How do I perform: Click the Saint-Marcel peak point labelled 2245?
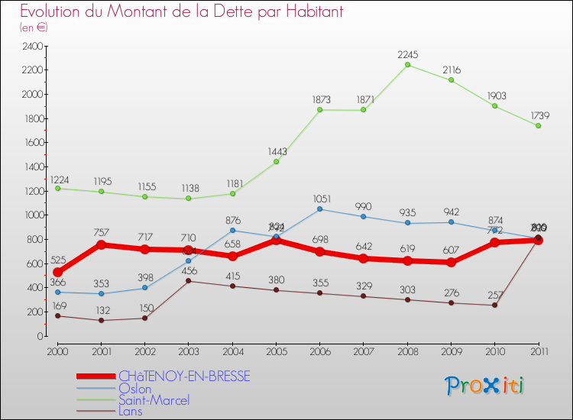point(407,65)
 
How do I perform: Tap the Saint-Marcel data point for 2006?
point(319,110)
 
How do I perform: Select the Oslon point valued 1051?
point(319,209)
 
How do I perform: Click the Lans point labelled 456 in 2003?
point(188,281)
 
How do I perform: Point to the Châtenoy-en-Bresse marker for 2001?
point(101,244)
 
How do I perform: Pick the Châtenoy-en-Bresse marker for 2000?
point(57,273)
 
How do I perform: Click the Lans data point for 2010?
point(494,305)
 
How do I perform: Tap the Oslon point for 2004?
point(232,230)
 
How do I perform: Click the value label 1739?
point(538,115)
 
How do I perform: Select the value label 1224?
point(60,180)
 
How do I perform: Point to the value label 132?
point(102,312)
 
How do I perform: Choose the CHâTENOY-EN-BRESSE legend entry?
point(183,376)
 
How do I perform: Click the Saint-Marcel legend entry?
point(154,400)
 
